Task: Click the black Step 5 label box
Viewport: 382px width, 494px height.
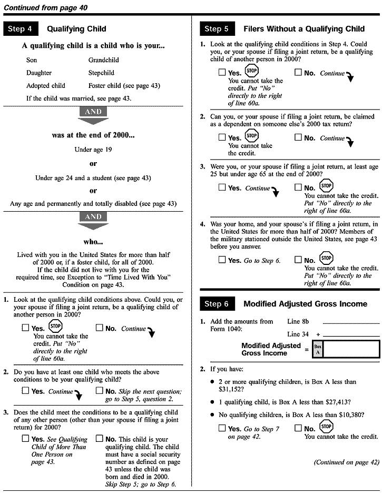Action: [x=217, y=29]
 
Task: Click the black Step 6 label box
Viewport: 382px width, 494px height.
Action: [x=217, y=304]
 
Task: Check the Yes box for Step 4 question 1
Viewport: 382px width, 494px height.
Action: [x=25, y=328]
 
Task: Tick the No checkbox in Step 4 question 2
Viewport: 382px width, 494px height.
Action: [x=99, y=391]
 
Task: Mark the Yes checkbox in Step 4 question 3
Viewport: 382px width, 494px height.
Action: [x=25, y=439]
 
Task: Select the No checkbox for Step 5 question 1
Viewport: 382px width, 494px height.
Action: [x=298, y=73]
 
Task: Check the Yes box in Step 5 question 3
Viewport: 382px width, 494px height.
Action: [x=222, y=188]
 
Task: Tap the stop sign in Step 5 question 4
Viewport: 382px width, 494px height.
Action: [x=326, y=259]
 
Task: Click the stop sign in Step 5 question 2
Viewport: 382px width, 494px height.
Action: [x=252, y=136]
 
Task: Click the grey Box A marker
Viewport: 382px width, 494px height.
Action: [x=318, y=349]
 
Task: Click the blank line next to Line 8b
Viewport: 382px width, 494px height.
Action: [x=350, y=322]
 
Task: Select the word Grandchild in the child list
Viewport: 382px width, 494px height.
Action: [x=104, y=60]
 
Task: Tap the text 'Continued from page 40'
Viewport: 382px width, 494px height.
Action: [x=45, y=7]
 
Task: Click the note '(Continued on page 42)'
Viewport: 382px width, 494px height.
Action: [x=346, y=462]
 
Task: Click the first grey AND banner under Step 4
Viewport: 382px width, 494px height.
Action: [x=93, y=112]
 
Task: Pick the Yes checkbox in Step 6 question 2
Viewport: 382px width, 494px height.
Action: [x=222, y=429]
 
